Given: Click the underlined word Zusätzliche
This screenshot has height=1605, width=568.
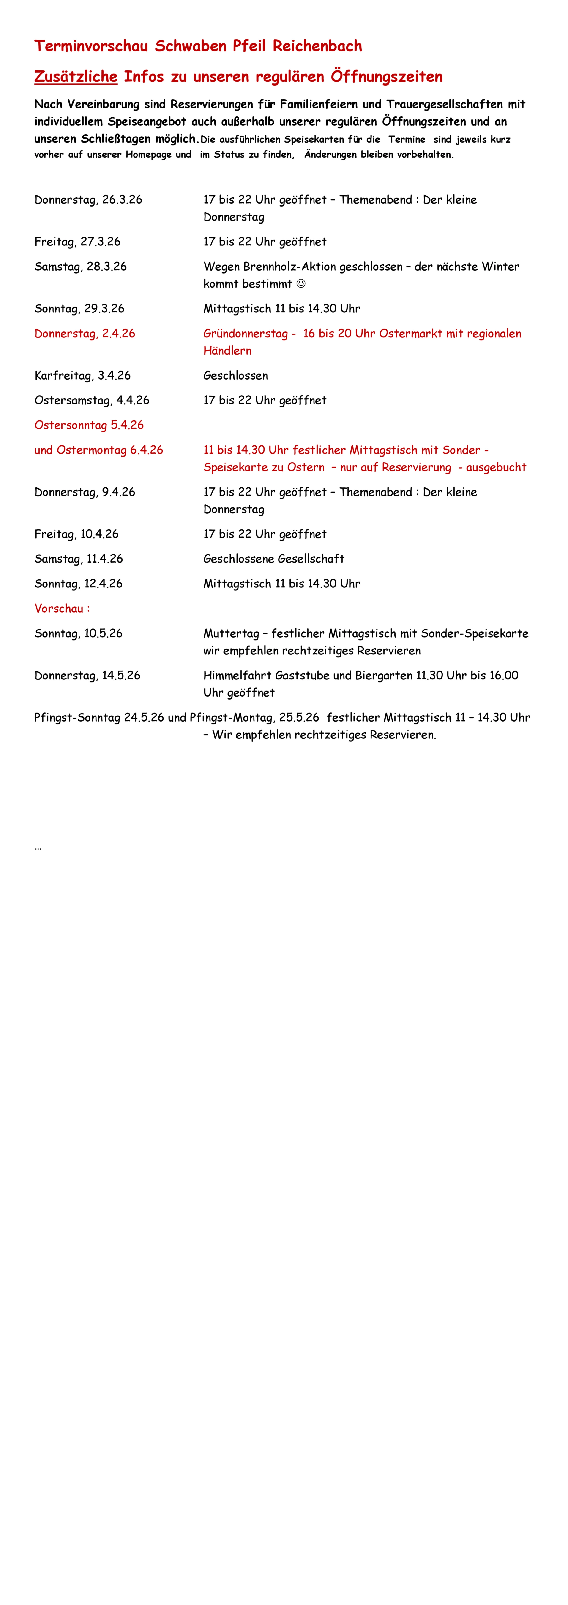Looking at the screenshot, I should (75, 77).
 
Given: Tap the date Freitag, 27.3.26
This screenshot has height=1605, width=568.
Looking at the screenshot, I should (77, 242).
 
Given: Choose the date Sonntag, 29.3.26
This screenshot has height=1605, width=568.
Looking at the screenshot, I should (79, 308).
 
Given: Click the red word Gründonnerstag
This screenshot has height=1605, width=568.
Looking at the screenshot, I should (245, 333).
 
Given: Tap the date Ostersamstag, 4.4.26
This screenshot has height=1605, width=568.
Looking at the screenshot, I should (92, 400).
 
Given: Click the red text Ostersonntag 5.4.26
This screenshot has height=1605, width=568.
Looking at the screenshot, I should (89, 425).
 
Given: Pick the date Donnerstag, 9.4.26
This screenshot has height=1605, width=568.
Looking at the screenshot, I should (85, 492).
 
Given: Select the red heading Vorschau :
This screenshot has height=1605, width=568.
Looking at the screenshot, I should (62, 609).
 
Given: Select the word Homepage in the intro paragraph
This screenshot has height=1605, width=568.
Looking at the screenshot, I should (148, 154).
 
